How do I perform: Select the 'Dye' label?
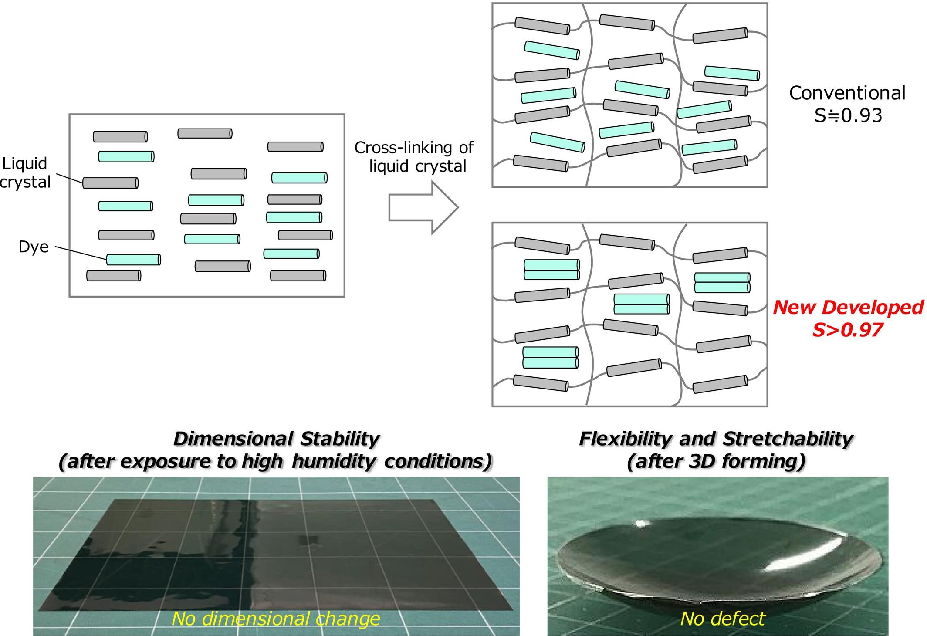pyautogui.click(x=33, y=247)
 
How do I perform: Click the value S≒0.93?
pyautogui.click(x=848, y=115)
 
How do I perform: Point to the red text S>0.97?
pyautogui.click(x=847, y=330)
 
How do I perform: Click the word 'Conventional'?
pyautogui.click(x=847, y=93)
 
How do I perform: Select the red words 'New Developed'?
pyautogui.click(x=848, y=308)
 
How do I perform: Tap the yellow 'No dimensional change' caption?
pyautogui.click(x=275, y=619)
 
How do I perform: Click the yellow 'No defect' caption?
pyautogui.click(x=722, y=619)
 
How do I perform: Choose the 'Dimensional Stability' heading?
pyautogui.click(x=276, y=439)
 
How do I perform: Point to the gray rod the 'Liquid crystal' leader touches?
pyautogui.click(x=110, y=183)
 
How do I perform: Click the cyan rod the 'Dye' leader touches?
pyautogui.click(x=133, y=260)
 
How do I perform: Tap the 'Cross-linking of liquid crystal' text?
pyautogui.click(x=414, y=157)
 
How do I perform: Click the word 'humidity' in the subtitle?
pyautogui.click(x=333, y=461)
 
